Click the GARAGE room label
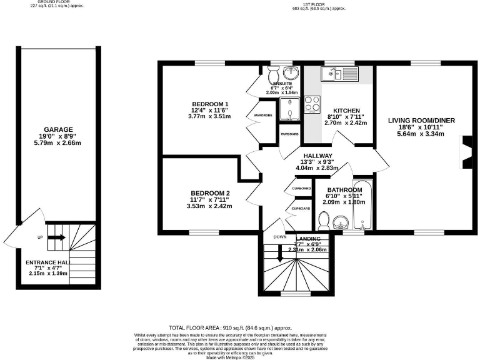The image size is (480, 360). coord(59,130)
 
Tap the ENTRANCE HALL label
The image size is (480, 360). coord(47,262)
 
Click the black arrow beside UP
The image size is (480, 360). coord(56,237)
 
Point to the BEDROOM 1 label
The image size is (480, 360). coord(210,104)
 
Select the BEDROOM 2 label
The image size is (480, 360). coord(211,193)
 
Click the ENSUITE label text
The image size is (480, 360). coord(281,82)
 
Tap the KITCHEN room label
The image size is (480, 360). coord(346,111)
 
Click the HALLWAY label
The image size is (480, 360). coord(321,156)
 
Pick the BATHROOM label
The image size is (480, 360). coord(345,190)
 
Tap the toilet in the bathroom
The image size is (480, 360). coord(324,221)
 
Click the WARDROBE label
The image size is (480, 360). coord(261,116)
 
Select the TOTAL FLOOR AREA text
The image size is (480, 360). coord(231,328)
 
